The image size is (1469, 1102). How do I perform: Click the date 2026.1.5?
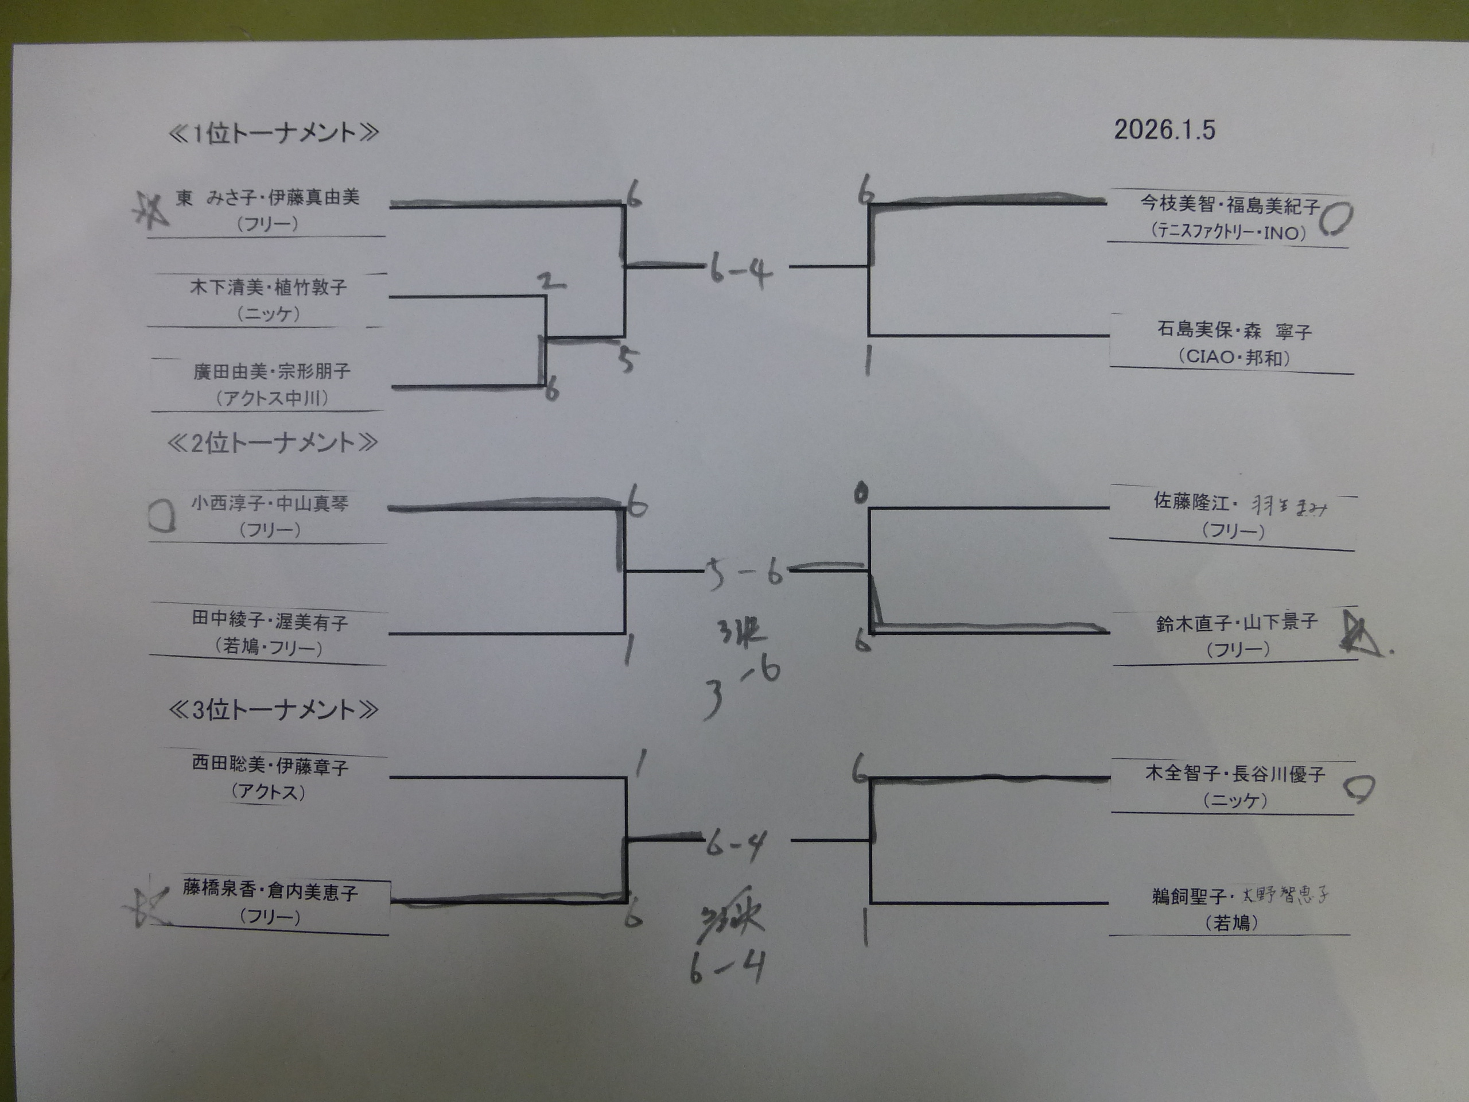click(x=1164, y=130)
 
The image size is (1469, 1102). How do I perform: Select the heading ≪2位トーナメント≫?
click(x=273, y=443)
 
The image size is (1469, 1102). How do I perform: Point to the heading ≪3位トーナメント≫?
click(x=273, y=710)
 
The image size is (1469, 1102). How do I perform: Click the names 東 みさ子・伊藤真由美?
click(x=267, y=197)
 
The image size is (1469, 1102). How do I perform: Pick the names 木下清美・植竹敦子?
click(x=269, y=287)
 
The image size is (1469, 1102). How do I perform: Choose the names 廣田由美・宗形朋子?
click(x=271, y=371)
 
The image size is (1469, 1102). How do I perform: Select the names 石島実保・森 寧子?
click(x=1234, y=330)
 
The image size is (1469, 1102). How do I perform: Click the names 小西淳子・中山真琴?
click(x=270, y=503)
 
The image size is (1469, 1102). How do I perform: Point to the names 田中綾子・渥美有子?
click(x=270, y=620)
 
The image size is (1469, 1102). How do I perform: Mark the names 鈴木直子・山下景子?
click(x=1236, y=622)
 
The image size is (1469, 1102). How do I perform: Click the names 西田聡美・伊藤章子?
click(x=270, y=765)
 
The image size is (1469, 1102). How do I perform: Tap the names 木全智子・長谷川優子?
click(x=1234, y=773)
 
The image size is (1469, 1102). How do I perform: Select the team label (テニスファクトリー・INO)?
click(x=1229, y=232)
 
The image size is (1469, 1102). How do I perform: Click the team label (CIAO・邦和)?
click(x=1234, y=358)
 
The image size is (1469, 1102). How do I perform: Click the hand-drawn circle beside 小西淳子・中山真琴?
click(x=161, y=515)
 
